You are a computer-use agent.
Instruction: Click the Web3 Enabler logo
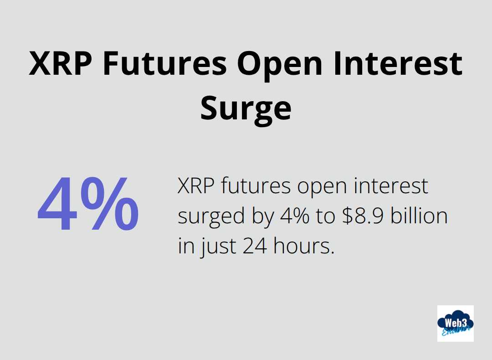pyautogui.click(x=455, y=323)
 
